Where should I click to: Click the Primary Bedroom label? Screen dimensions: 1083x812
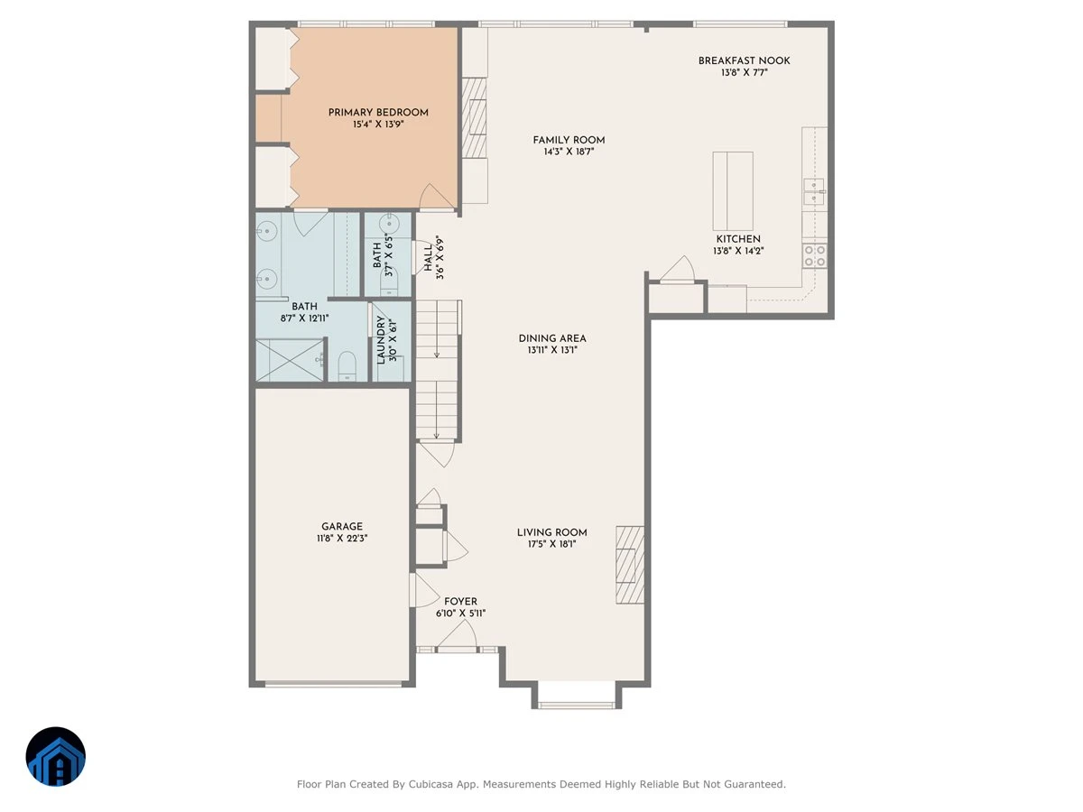(x=378, y=113)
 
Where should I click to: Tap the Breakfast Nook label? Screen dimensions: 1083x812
(x=744, y=60)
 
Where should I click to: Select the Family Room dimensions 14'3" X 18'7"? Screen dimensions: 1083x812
(x=569, y=152)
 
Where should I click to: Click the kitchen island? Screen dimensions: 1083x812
(x=733, y=190)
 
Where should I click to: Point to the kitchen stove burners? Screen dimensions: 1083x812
(x=815, y=255)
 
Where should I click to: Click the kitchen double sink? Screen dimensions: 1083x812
(x=814, y=191)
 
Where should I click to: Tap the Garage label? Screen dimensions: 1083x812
(x=342, y=526)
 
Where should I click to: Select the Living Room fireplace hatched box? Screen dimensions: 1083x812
(x=630, y=565)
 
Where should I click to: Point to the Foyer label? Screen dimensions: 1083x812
(x=460, y=602)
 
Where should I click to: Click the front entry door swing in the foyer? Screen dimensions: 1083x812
(x=458, y=636)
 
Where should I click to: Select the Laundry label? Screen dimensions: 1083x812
(x=381, y=340)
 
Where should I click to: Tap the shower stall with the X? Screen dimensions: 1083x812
(x=289, y=360)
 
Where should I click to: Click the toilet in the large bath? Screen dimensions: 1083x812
(x=347, y=365)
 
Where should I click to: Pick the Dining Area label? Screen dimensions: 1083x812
(x=552, y=338)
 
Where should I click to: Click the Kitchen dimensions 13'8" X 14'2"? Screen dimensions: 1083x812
(x=738, y=251)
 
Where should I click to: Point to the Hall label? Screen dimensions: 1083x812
(x=428, y=257)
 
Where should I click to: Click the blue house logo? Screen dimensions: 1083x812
(x=56, y=756)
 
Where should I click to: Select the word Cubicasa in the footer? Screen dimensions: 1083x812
(x=430, y=784)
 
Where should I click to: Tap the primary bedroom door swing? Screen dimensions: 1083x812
(x=436, y=196)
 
